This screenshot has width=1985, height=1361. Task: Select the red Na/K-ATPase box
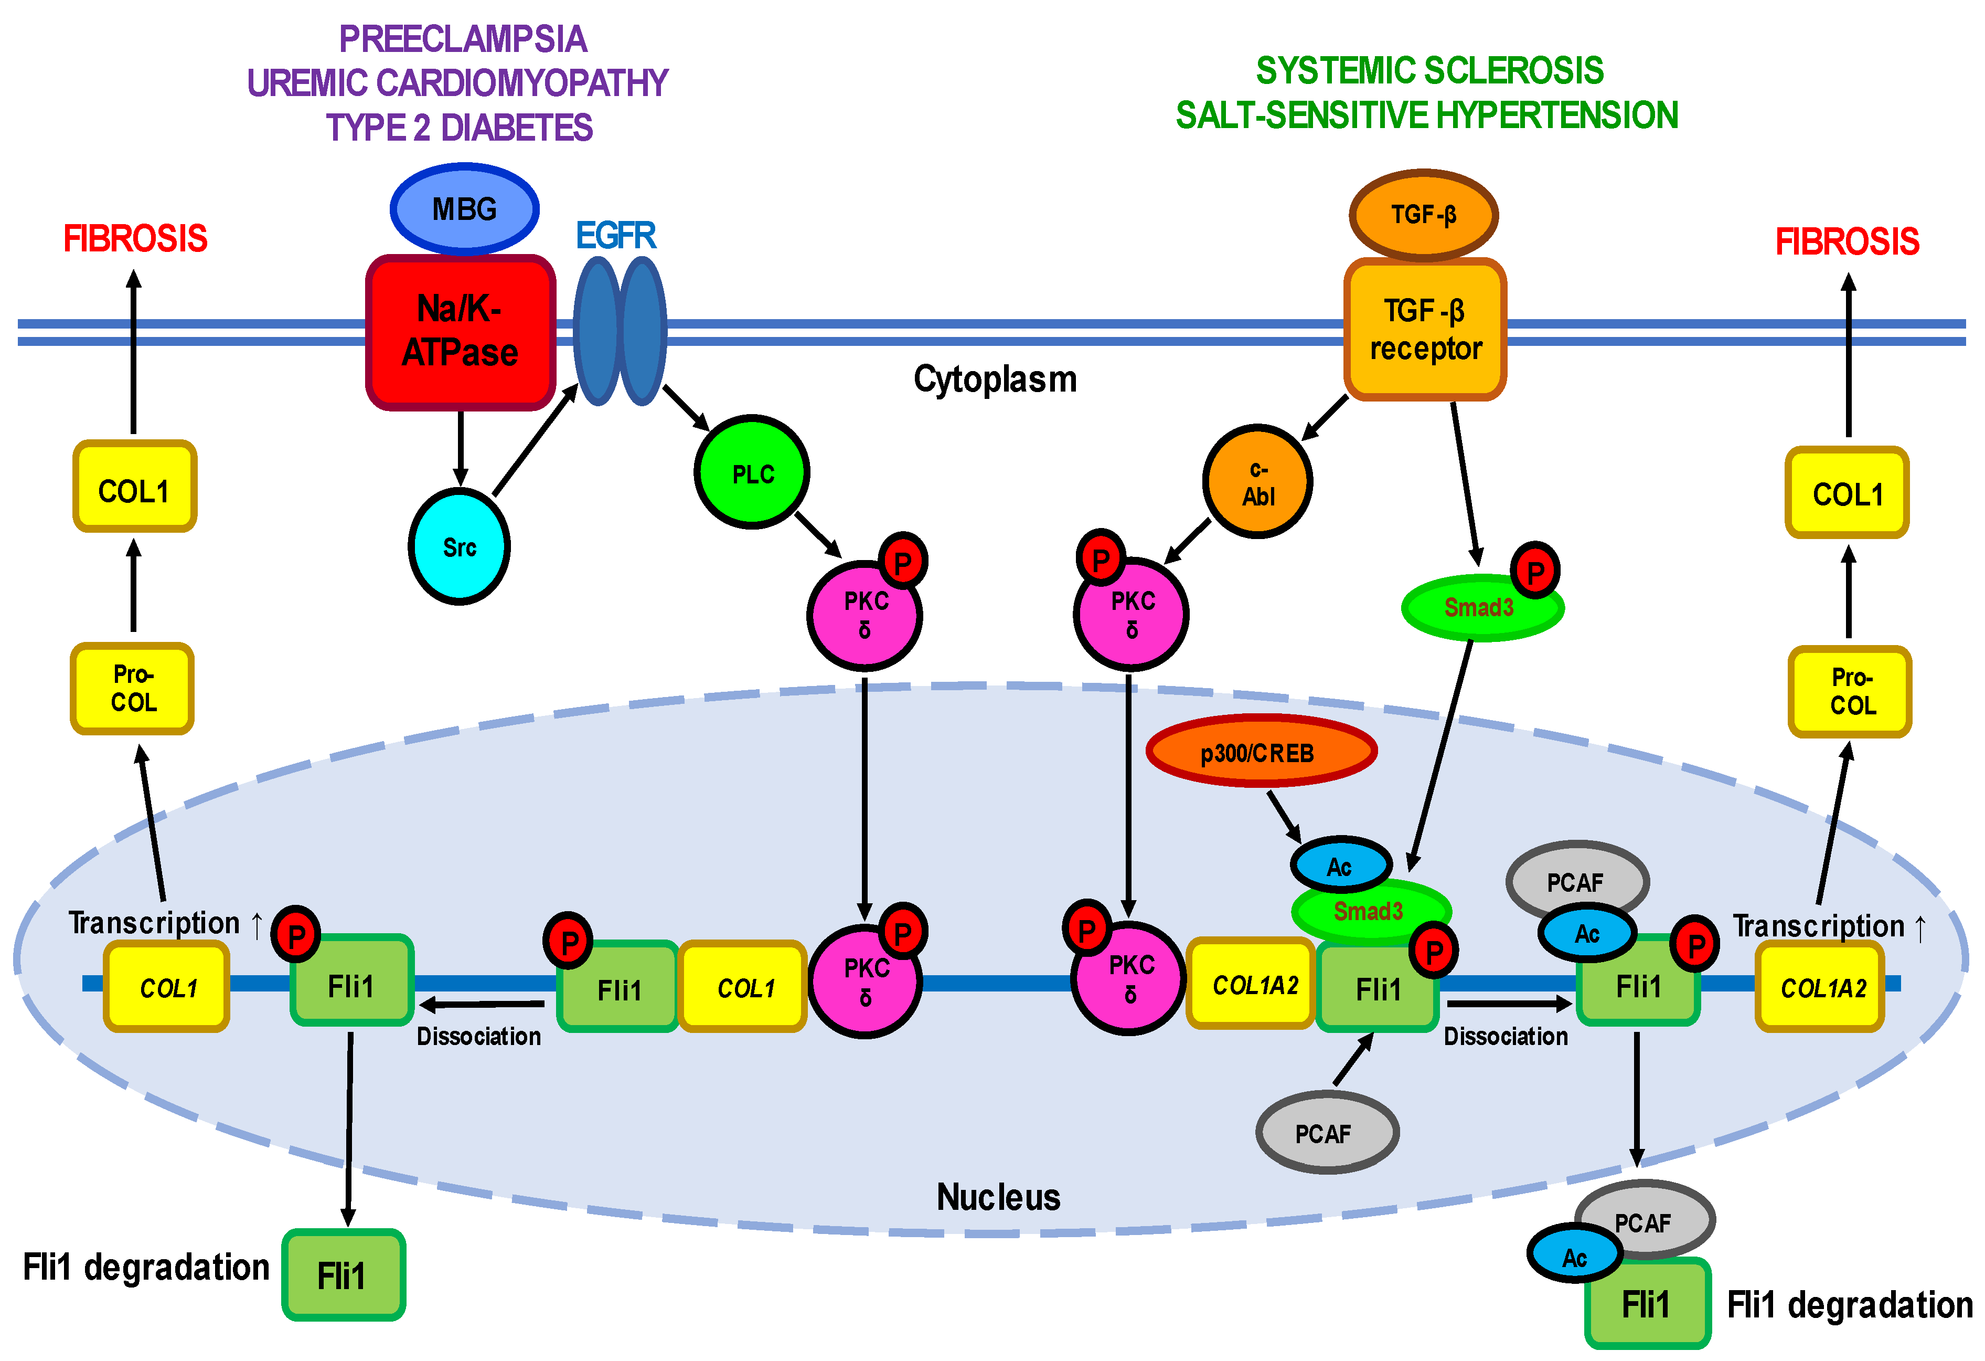tap(461, 332)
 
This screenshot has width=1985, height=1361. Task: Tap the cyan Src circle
tap(460, 547)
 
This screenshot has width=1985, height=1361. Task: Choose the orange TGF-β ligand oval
tap(1423, 215)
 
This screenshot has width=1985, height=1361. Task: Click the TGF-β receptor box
tap(1425, 330)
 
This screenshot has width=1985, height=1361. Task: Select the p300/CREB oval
tap(1260, 752)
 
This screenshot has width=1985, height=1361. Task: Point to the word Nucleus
tap(998, 1197)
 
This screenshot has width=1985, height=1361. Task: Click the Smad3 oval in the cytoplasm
tap(1480, 607)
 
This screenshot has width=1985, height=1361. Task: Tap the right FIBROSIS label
tap(1847, 242)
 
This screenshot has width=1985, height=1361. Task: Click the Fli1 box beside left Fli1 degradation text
tap(343, 1275)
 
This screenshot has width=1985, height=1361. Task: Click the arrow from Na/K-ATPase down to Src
tap(461, 449)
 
